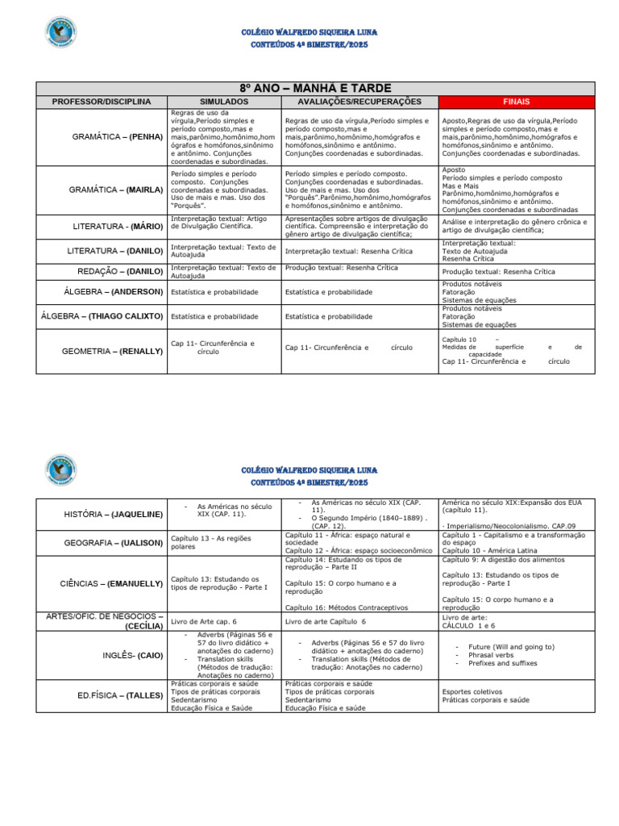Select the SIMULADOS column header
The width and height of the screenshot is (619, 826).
click(x=223, y=102)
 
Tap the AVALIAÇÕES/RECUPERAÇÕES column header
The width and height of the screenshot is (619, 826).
click(x=359, y=102)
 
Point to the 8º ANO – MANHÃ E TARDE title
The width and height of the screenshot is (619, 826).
click(x=315, y=88)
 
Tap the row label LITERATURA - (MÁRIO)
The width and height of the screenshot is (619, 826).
click(x=118, y=227)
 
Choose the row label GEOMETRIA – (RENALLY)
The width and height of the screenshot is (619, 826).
click(x=112, y=351)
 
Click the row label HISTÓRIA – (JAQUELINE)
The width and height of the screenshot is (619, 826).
click(x=113, y=514)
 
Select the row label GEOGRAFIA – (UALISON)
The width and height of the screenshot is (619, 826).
click(x=113, y=542)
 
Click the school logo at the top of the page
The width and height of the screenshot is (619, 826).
click(x=61, y=33)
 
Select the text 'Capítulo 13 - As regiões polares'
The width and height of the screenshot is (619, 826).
click(x=207, y=542)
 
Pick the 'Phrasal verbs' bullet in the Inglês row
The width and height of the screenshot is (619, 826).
click(x=490, y=655)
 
